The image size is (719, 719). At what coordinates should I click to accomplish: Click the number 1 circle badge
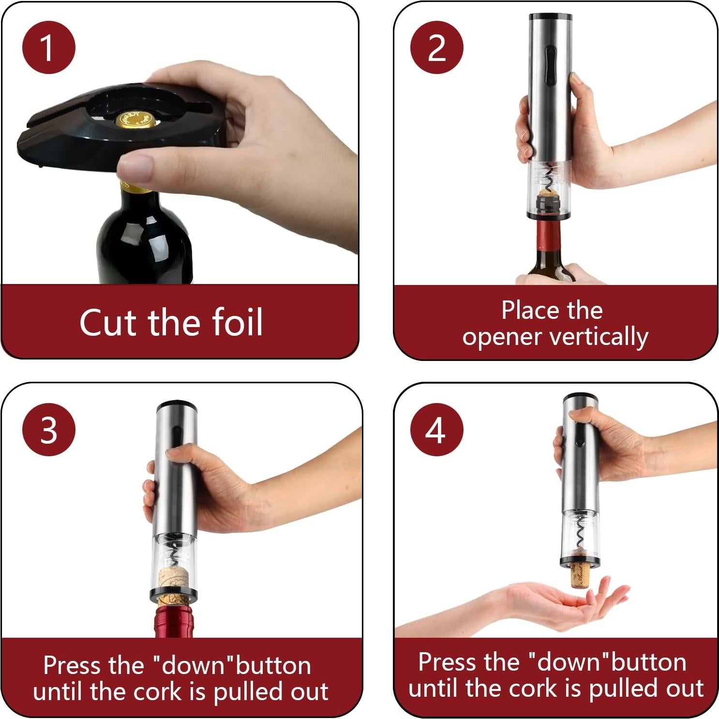(x=48, y=47)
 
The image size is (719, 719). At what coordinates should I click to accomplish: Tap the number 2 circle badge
(x=436, y=47)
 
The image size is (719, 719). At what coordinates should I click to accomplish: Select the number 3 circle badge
(x=48, y=429)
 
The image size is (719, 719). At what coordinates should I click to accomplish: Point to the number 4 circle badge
(x=436, y=429)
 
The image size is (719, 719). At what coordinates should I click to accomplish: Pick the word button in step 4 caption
(x=648, y=662)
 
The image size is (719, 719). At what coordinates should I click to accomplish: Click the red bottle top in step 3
(x=174, y=621)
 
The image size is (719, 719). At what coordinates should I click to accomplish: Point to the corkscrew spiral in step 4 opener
(x=580, y=535)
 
